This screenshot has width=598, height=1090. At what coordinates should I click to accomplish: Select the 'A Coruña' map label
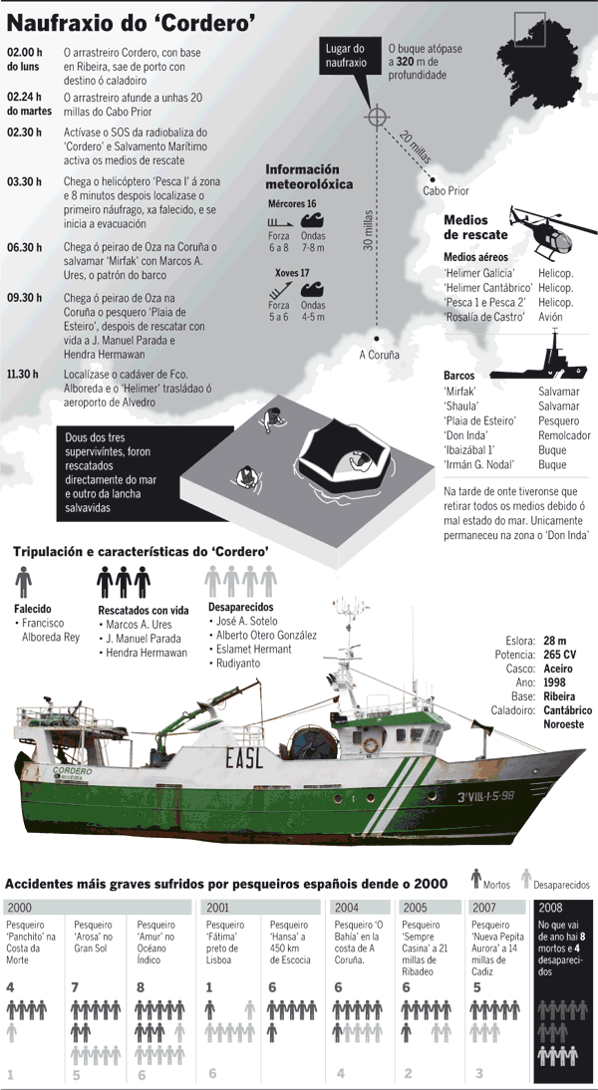tap(379, 354)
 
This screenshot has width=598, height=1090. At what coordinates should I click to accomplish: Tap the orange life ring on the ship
tap(370, 743)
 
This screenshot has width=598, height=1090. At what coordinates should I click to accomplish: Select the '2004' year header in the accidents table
tap(346, 907)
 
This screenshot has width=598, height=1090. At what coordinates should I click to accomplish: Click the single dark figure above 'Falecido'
tap(24, 581)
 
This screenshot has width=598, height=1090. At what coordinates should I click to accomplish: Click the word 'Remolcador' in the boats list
tap(565, 435)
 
